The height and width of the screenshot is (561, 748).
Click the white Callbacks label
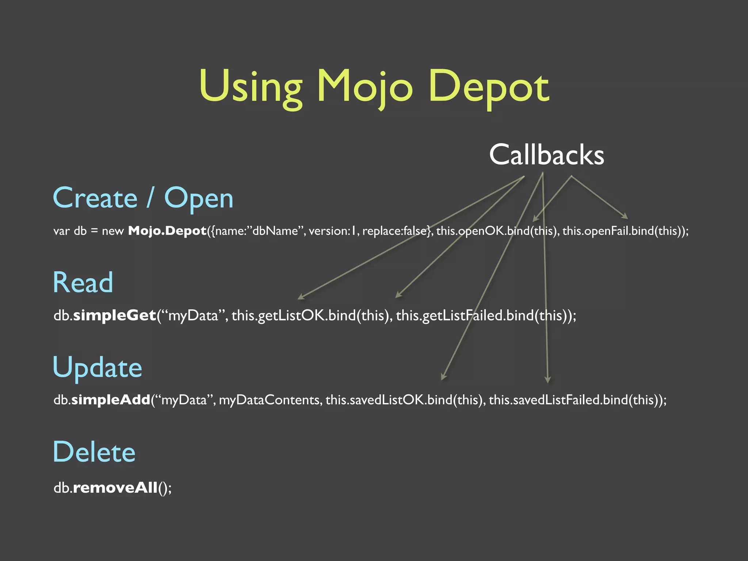point(546,155)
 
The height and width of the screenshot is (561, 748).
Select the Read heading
point(83,282)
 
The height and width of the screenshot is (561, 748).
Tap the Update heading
point(97,367)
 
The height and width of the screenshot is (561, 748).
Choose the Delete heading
point(94,452)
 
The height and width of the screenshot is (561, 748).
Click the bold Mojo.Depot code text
point(167,231)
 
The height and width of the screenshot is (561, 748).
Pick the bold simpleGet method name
point(115,315)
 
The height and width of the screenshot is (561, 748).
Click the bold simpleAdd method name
point(111,400)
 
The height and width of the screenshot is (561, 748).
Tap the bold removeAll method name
point(115,488)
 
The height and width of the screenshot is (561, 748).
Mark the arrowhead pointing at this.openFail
point(625,216)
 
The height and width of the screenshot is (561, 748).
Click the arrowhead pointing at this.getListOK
point(301,297)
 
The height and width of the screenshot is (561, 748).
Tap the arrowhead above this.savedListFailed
point(547,380)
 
